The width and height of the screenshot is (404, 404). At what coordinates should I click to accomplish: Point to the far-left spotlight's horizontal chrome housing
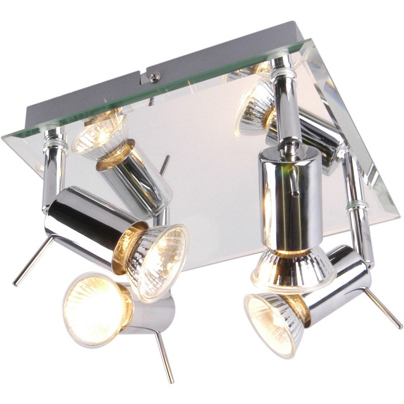[86, 222]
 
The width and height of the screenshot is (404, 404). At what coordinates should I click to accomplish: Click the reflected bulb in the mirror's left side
[98, 132]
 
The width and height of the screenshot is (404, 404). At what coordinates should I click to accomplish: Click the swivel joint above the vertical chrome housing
[288, 146]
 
